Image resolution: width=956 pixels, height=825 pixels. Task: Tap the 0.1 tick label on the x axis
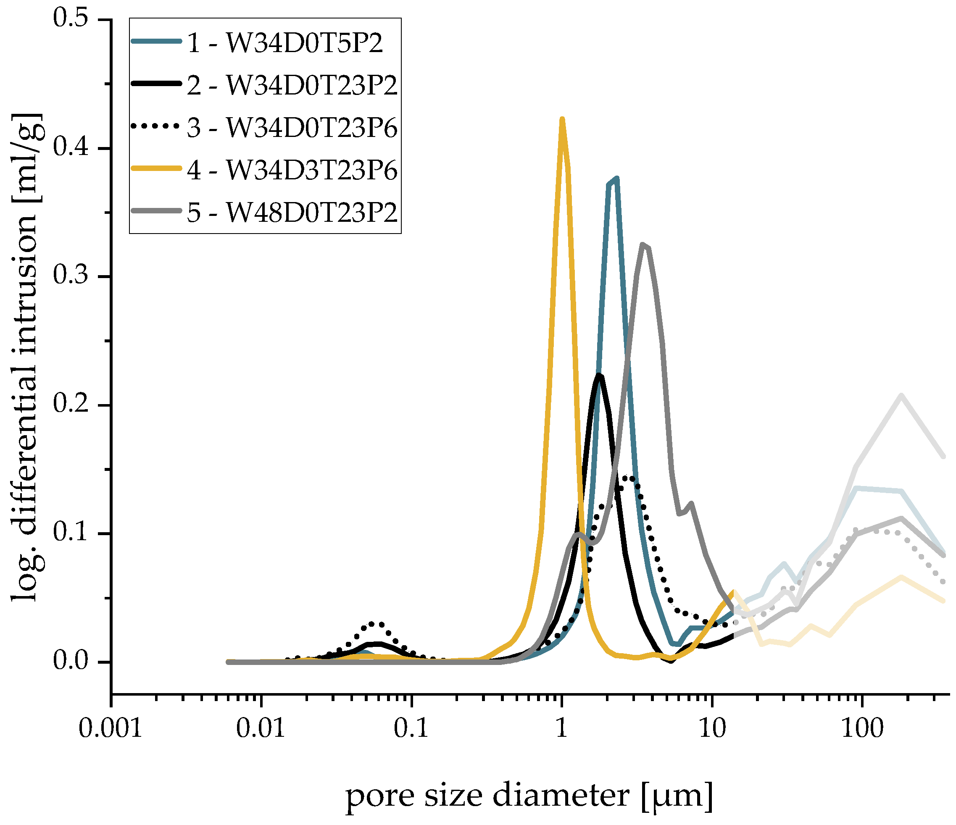[x=411, y=729]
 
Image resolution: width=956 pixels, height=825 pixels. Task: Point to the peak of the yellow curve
[x=562, y=120]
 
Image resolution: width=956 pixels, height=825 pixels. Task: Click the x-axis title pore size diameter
[x=529, y=795]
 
